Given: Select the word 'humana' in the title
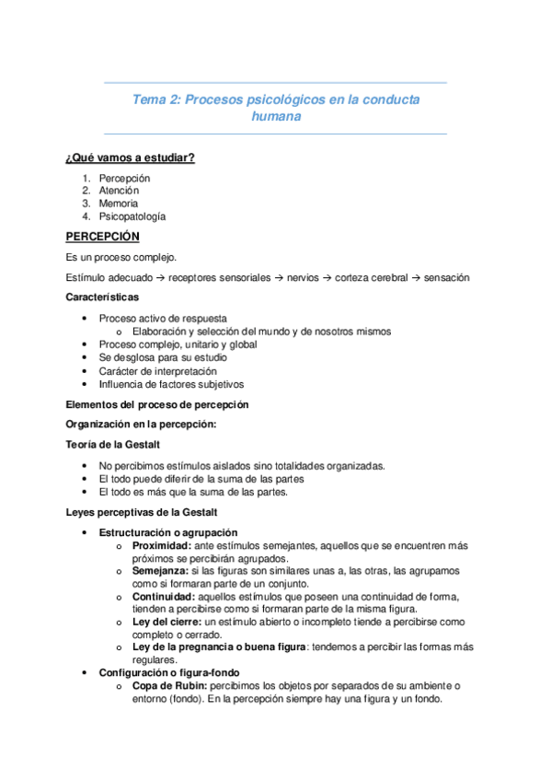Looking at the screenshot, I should pyautogui.click(x=276, y=117).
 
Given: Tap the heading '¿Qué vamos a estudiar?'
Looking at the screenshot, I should pyautogui.click(x=130, y=157).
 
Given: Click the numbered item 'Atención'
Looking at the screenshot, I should pyautogui.click(x=119, y=191).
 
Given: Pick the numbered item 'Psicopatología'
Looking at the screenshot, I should pyautogui.click(x=132, y=216).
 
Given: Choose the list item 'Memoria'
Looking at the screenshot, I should pyautogui.click(x=119, y=204).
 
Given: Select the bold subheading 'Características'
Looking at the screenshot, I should pyautogui.click(x=103, y=297).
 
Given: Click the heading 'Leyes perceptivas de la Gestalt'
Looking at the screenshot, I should pyautogui.click(x=141, y=512).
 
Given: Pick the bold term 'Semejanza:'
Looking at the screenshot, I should pyautogui.click(x=160, y=572).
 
